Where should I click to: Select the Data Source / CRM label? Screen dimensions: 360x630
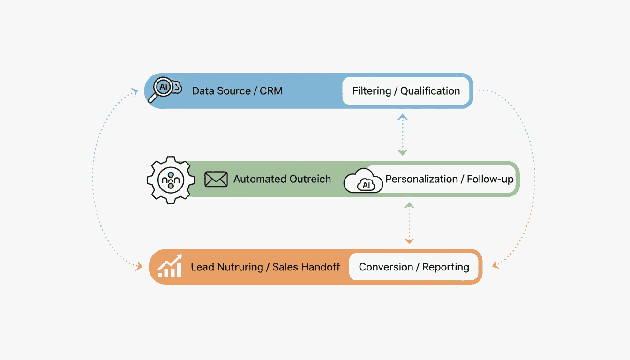(x=237, y=91)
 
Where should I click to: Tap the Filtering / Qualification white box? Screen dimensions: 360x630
(x=406, y=91)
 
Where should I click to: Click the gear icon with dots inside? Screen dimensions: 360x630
(x=171, y=180)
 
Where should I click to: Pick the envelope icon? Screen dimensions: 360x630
(x=216, y=179)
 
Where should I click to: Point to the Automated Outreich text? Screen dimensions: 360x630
(x=282, y=179)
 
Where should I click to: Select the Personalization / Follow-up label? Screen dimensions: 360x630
(x=449, y=179)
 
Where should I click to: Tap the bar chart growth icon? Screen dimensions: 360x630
(x=169, y=266)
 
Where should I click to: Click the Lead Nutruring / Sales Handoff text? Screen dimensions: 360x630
(x=265, y=267)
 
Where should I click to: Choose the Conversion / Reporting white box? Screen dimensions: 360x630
(x=414, y=267)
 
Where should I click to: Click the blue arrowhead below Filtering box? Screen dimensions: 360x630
(x=403, y=117)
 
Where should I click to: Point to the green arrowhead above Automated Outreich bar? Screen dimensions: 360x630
(x=403, y=152)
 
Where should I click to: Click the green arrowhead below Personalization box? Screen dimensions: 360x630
(x=409, y=205)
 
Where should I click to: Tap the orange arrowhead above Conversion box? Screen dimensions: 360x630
(x=409, y=241)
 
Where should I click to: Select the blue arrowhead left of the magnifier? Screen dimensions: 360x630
(x=135, y=92)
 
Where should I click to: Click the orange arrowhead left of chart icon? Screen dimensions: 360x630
(x=139, y=267)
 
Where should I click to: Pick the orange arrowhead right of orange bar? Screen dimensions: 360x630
(x=495, y=265)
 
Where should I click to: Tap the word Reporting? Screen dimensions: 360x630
(x=445, y=267)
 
